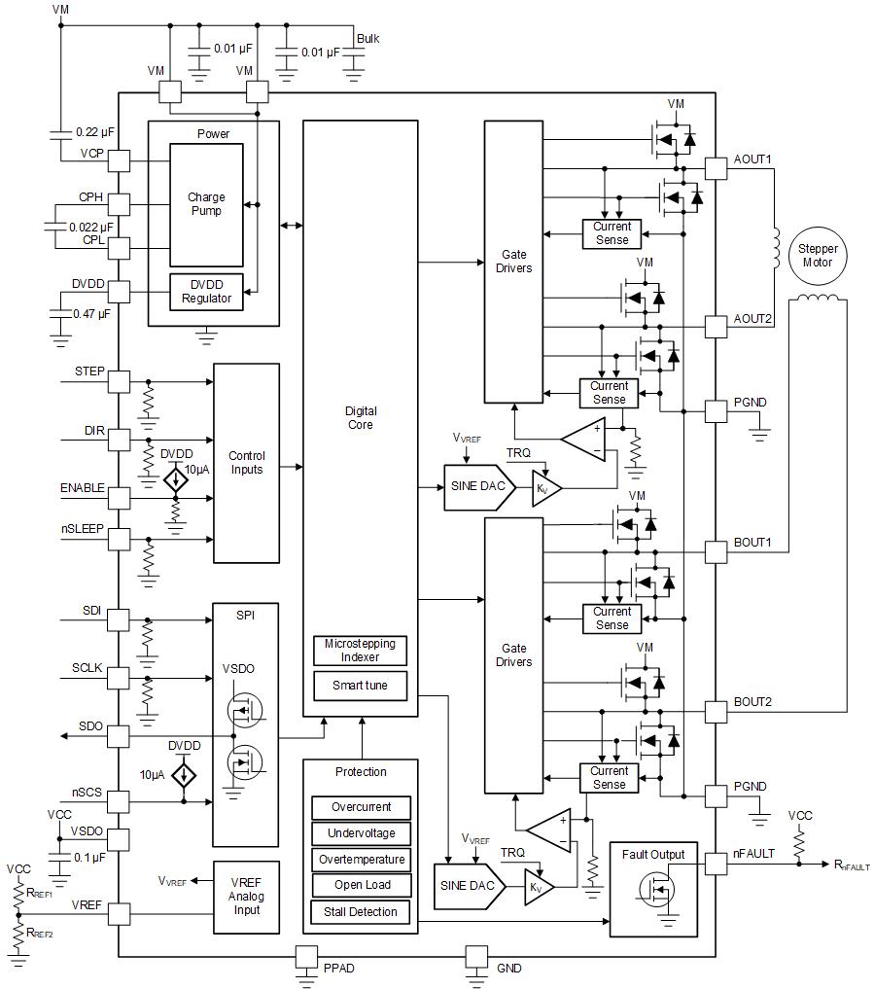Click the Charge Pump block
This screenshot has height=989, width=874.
pyautogui.click(x=205, y=204)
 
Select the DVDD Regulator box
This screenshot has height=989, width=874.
pyautogui.click(x=206, y=291)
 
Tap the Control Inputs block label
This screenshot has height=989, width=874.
pyautogui.click(x=246, y=463)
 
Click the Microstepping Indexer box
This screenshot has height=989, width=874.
pyautogui.click(x=360, y=651)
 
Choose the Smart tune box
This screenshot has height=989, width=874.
pyautogui.click(x=360, y=686)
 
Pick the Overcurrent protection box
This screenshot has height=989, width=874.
pyautogui.click(x=361, y=807)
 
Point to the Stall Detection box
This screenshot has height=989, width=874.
pyautogui.click(x=361, y=912)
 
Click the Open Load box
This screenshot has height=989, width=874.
pyautogui.click(x=361, y=885)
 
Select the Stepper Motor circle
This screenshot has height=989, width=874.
pyautogui.click(x=818, y=256)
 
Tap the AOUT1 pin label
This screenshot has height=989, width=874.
pyautogui.click(x=752, y=159)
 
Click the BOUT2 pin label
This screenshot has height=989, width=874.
pyautogui.click(x=752, y=701)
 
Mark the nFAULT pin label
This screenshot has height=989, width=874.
pyautogui.click(x=754, y=854)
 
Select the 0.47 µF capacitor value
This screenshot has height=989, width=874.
pyautogui.click(x=90, y=314)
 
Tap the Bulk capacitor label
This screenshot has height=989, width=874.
pyautogui.click(x=367, y=39)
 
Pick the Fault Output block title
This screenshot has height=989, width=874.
pyautogui.click(x=653, y=855)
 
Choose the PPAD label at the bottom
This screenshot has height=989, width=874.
pyautogui.click(x=338, y=969)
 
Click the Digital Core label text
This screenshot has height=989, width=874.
pyautogui.click(x=360, y=418)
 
